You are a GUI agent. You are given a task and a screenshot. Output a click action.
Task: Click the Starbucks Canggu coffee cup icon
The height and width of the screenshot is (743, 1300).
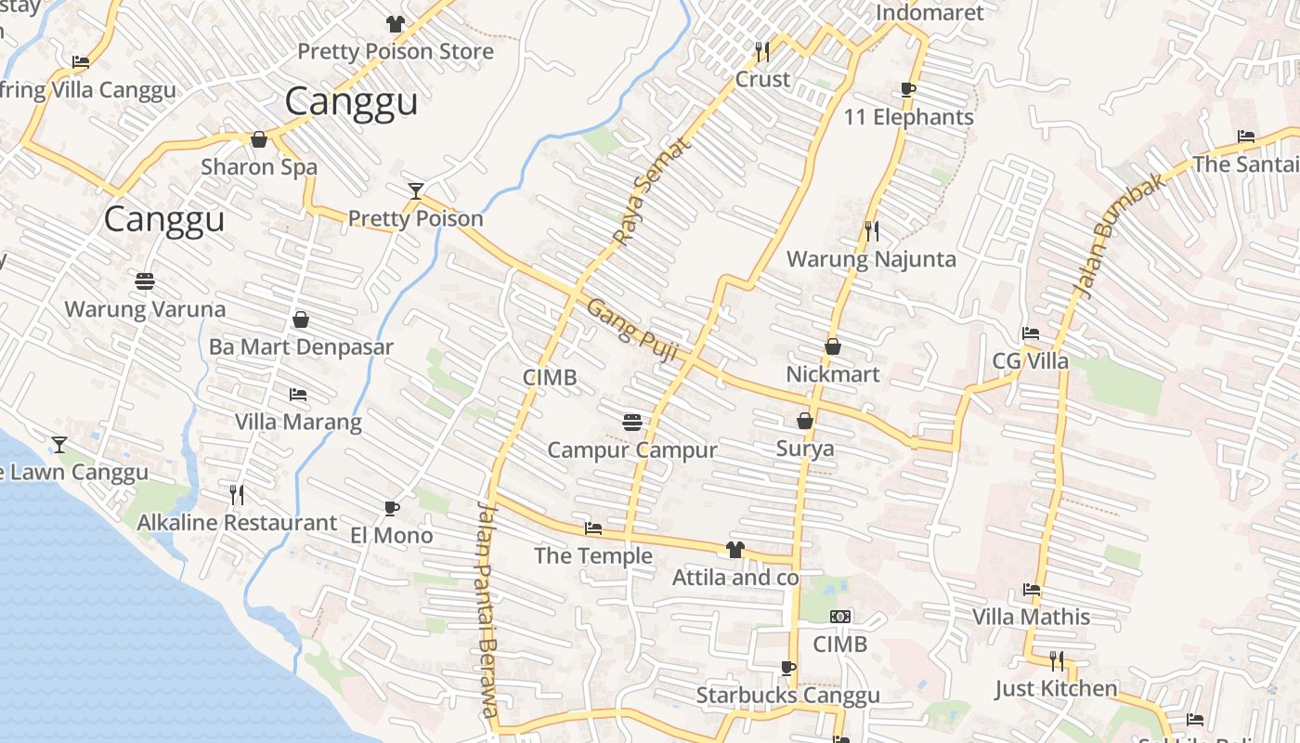788,667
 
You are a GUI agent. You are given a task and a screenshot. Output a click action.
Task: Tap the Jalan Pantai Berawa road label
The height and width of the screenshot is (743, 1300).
487,608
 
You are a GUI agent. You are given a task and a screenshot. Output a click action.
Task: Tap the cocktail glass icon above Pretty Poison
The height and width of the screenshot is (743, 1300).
416,191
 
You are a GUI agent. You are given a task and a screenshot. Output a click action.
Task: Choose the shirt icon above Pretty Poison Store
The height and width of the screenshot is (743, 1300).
396,24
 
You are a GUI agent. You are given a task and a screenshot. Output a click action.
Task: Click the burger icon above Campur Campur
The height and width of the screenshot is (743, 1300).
632,423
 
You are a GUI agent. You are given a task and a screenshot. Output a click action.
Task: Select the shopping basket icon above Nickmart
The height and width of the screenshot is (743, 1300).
833,346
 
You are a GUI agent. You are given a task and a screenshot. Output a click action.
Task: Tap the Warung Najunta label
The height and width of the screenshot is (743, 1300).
871,259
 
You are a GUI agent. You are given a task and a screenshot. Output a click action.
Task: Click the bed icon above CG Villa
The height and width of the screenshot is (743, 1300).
1030,333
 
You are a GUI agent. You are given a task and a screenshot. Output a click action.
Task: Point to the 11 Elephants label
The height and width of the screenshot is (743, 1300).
908,117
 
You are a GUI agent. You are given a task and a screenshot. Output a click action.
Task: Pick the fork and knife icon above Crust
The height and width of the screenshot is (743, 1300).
762,51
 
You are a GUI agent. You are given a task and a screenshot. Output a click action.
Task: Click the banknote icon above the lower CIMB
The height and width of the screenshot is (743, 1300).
840,617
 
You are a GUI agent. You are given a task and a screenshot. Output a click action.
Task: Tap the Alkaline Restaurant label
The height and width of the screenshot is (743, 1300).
237,523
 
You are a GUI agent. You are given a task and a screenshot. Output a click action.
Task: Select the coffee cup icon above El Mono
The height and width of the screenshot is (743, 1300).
392,508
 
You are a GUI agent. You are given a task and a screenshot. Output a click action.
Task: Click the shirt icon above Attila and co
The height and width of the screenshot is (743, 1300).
734,550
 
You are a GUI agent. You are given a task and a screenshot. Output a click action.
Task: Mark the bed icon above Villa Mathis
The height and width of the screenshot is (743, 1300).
1031,589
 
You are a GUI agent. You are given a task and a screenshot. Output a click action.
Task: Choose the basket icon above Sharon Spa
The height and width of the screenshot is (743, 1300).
259,139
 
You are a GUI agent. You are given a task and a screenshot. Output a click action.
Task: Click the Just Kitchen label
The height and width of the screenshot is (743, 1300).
1056,688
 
